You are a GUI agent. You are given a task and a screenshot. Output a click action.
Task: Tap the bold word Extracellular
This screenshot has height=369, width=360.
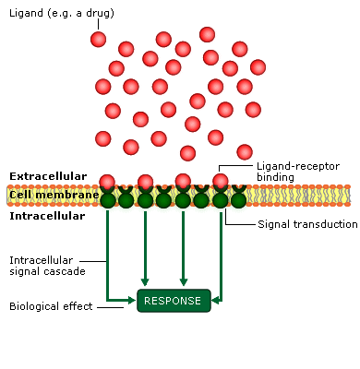click(x=48, y=175)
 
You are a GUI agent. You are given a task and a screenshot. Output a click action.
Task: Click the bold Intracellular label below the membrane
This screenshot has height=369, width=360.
click(x=47, y=217)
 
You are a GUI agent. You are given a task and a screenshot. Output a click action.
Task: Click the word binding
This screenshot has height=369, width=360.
click(x=276, y=177)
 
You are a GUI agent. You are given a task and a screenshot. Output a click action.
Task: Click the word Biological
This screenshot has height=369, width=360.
click(x=36, y=306)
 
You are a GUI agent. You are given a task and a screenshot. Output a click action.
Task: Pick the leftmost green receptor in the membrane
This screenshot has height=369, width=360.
click(x=108, y=198)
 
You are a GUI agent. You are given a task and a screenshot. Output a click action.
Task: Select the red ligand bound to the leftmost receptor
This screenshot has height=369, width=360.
click(x=108, y=182)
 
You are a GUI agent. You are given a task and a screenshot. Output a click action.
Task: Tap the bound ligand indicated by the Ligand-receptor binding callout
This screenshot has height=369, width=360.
click(x=221, y=182)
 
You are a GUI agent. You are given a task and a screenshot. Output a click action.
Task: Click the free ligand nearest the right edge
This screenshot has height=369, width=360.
click(x=258, y=66)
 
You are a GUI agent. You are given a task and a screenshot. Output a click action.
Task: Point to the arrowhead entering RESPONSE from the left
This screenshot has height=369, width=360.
click(x=132, y=300)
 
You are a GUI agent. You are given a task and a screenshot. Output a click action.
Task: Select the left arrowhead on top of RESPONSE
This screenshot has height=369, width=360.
click(x=145, y=282)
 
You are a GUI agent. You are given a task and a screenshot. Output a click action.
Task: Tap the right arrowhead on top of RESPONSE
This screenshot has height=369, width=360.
click(x=184, y=282)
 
